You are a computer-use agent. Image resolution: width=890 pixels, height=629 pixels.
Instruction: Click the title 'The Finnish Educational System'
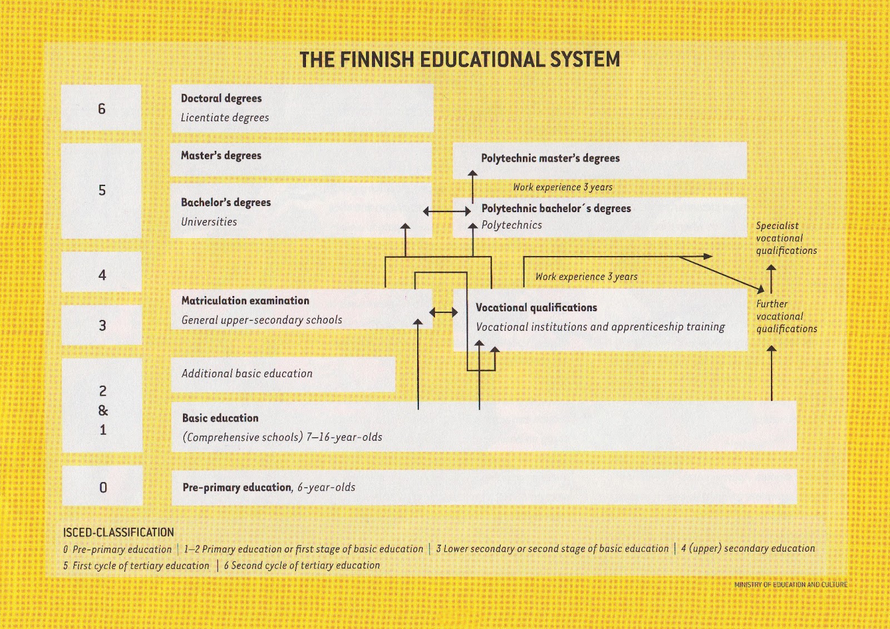pos(459,60)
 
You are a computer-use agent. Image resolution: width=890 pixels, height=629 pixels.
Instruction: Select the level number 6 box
pos(101,109)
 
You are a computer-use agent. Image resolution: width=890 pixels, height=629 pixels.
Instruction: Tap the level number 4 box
pos(102,274)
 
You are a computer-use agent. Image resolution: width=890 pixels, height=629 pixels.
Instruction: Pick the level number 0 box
pos(103,487)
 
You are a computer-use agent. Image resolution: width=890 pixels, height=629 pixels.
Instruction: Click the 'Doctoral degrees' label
pos(221,98)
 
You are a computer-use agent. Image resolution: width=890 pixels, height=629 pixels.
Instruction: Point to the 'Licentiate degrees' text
pos(225,117)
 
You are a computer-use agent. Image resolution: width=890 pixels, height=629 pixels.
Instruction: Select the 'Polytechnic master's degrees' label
pos(550,158)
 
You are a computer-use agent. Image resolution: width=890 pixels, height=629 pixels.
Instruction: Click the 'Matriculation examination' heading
pos(245,301)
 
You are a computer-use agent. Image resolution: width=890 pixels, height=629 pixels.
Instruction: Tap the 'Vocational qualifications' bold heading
pos(536,307)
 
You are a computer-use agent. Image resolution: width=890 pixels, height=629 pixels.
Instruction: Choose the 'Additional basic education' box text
pos(247,374)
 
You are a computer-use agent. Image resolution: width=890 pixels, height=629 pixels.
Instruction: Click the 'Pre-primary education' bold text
pos(237,487)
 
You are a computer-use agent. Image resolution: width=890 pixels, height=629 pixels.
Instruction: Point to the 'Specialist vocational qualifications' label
pos(785,238)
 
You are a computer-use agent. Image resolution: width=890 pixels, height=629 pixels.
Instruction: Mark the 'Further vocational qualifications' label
pos(786,316)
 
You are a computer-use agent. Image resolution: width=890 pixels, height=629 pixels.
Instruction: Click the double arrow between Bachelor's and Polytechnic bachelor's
pos(447,212)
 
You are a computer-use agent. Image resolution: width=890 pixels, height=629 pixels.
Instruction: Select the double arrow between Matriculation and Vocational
pos(443,313)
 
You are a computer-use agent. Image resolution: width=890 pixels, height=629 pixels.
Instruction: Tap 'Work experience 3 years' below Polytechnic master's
pos(562,187)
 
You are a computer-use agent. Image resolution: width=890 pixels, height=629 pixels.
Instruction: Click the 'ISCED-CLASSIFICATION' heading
pos(118,532)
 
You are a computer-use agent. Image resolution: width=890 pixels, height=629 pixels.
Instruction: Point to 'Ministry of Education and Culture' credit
pos(790,584)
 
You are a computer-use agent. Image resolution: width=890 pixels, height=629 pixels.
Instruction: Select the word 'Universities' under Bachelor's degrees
pos(209,222)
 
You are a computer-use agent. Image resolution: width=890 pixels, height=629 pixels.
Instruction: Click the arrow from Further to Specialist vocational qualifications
pos(771,278)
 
